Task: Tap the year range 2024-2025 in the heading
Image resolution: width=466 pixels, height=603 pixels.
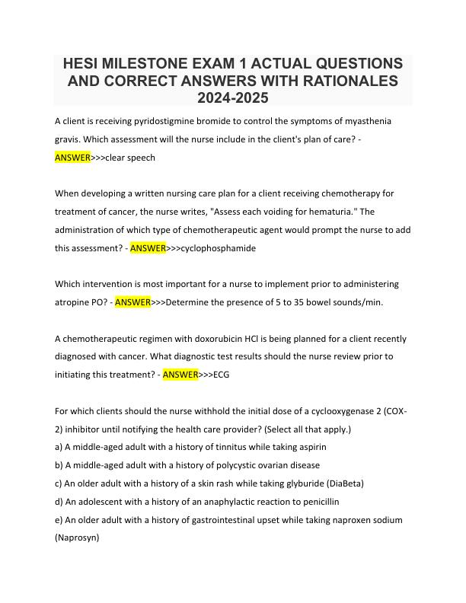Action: pyautogui.click(x=232, y=98)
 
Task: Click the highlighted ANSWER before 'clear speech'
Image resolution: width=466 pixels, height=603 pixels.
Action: pyautogui.click(x=72, y=158)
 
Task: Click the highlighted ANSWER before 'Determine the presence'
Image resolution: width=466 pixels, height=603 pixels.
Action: pyautogui.click(x=132, y=302)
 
